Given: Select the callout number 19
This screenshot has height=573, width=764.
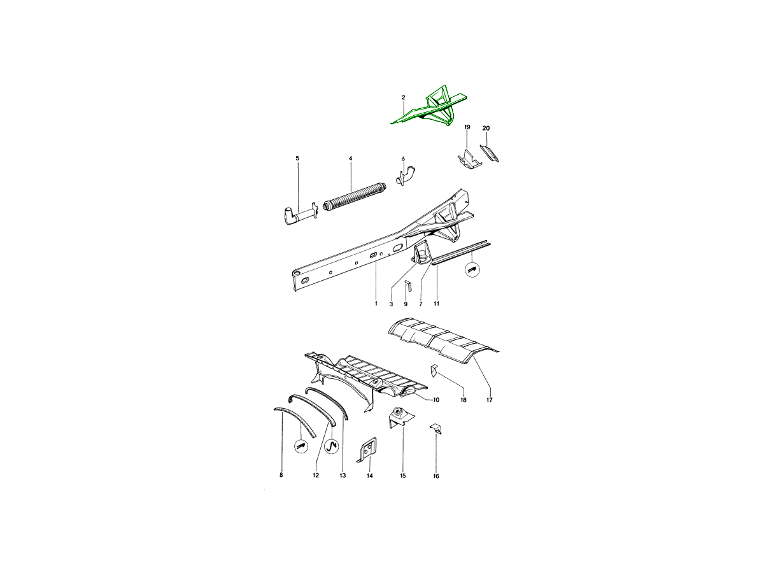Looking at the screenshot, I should [467, 128].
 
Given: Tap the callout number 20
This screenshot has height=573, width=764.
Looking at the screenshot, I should [486, 128].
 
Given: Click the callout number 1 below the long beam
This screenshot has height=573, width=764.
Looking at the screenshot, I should [376, 304].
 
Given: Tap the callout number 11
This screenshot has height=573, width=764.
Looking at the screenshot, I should [437, 304].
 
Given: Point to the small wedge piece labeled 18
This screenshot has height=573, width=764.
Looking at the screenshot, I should [432, 369].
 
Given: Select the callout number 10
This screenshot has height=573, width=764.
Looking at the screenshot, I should [436, 400].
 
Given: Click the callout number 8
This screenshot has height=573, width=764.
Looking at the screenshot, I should [281, 475].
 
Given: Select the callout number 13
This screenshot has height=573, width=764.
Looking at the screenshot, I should [343, 475].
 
